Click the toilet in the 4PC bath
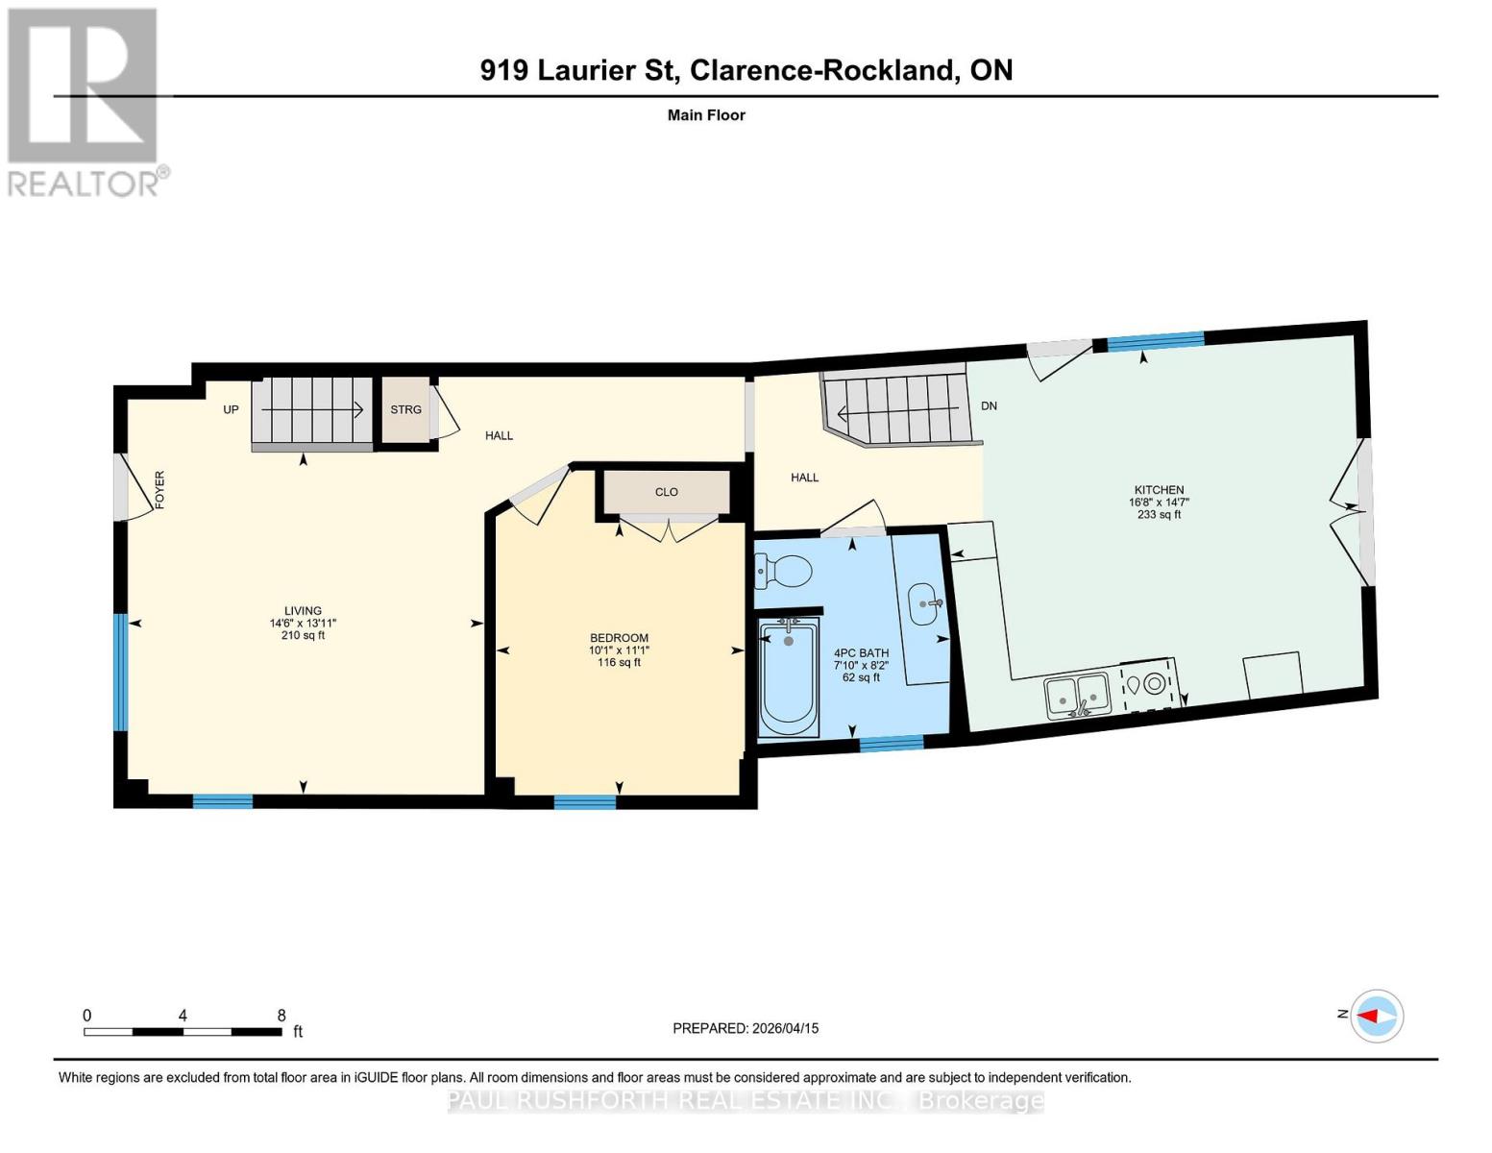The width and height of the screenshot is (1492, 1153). point(787,574)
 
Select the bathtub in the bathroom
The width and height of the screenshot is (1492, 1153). point(789,678)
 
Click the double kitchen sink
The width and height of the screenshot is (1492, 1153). point(1077,695)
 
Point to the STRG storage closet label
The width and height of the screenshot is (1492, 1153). point(405,409)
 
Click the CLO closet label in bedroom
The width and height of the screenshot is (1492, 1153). point(666,492)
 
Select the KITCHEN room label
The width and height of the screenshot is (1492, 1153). point(1159,490)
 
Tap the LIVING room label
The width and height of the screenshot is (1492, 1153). point(303,611)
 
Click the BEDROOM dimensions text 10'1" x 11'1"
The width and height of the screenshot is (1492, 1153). point(619,650)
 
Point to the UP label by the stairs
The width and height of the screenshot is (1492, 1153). point(231,409)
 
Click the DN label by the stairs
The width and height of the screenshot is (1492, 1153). point(989,405)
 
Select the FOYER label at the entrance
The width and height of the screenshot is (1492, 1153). point(160,489)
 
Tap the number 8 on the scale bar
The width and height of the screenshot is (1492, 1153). point(281,1015)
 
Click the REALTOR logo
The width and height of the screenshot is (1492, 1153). point(85,101)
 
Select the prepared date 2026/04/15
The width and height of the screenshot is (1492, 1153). point(784,1028)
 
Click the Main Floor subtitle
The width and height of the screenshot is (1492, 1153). point(706,115)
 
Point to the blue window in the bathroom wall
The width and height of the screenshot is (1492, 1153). point(891,742)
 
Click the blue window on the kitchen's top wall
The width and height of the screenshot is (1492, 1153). point(1154,339)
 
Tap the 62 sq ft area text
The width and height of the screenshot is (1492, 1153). point(861,677)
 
